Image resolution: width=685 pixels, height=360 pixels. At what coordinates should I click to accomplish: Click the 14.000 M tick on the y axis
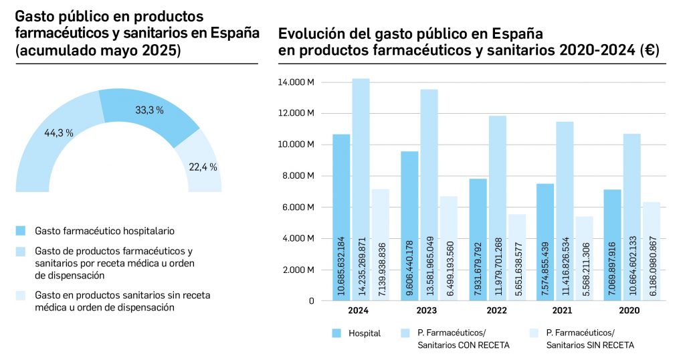pos(296,82)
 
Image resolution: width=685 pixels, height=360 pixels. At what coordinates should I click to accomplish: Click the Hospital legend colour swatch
pos(336,333)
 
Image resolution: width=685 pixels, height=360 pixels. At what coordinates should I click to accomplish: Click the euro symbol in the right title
pos(648,50)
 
